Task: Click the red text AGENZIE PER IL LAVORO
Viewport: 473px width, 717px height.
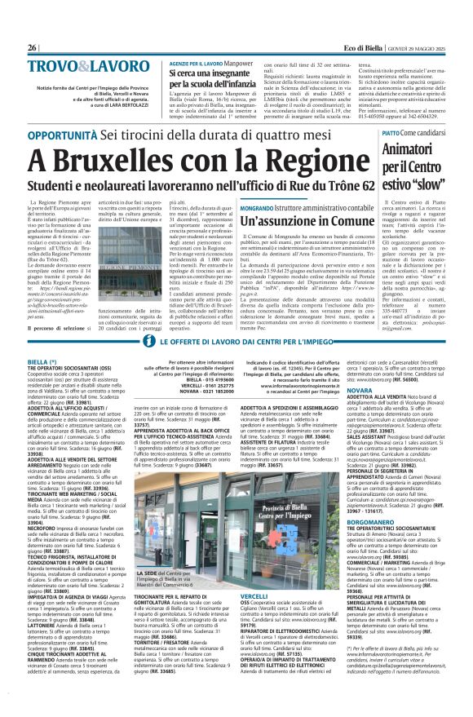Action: pyautogui.click(x=195, y=62)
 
